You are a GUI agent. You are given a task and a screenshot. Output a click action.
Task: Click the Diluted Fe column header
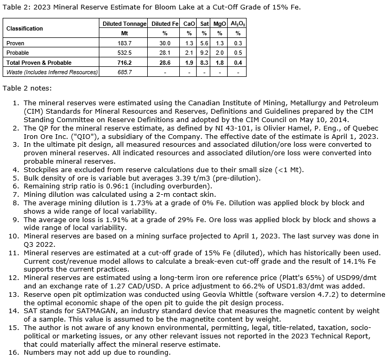point(165,24)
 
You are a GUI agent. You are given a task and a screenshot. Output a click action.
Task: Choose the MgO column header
point(219,24)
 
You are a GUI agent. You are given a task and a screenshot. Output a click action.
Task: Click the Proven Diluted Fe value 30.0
point(165,43)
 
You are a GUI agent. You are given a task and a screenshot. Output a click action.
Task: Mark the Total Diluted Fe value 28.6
point(165,62)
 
